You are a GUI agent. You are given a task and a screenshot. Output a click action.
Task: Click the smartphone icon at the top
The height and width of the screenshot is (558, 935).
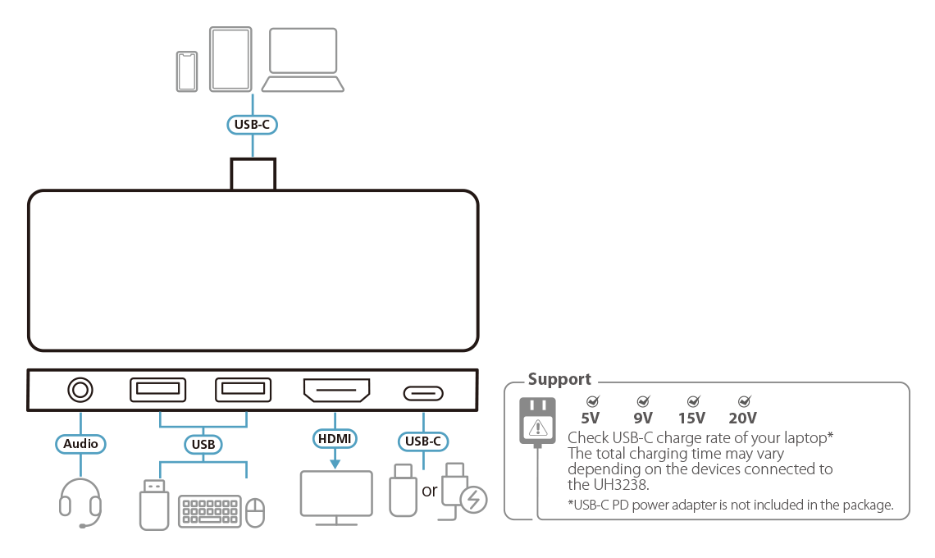(188, 71)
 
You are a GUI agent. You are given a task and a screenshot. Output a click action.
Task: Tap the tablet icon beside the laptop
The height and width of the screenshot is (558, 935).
(230, 59)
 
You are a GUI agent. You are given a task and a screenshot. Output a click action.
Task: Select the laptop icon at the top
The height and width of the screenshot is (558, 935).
(303, 61)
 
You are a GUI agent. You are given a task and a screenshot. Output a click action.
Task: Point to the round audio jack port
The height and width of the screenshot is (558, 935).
(80, 390)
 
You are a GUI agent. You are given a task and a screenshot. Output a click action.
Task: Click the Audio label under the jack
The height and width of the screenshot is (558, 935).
(80, 444)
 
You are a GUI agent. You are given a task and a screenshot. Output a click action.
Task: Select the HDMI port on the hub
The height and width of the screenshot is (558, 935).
(336, 391)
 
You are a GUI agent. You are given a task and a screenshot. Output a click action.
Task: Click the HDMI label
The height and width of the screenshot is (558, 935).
(335, 439)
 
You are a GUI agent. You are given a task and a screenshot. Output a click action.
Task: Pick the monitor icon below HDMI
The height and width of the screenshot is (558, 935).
(336, 496)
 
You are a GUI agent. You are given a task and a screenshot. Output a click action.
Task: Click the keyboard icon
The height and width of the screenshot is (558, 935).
(209, 511)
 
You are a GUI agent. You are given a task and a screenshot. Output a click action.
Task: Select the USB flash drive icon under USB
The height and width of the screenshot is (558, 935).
(154, 502)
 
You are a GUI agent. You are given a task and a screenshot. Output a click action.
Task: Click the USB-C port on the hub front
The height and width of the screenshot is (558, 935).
(423, 392)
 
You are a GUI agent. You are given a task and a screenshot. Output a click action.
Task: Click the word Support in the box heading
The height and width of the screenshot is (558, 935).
(559, 379)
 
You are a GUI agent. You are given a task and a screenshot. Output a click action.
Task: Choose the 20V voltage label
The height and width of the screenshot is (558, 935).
(742, 417)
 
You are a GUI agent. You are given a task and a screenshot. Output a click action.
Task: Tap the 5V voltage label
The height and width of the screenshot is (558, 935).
(591, 417)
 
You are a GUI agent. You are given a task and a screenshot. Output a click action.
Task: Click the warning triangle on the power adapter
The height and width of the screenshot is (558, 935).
(537, 427)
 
